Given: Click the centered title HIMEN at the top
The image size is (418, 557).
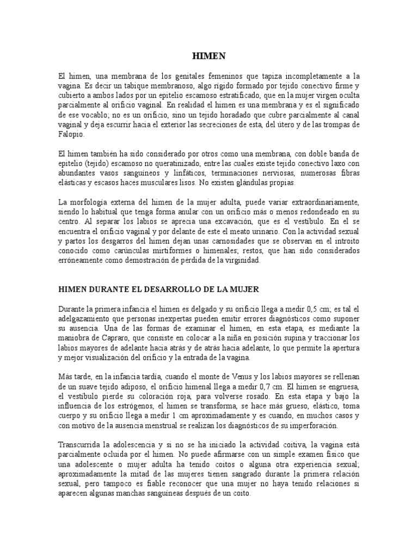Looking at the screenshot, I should pos(210,55).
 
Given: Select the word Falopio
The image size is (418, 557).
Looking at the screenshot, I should pos(72,134).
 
